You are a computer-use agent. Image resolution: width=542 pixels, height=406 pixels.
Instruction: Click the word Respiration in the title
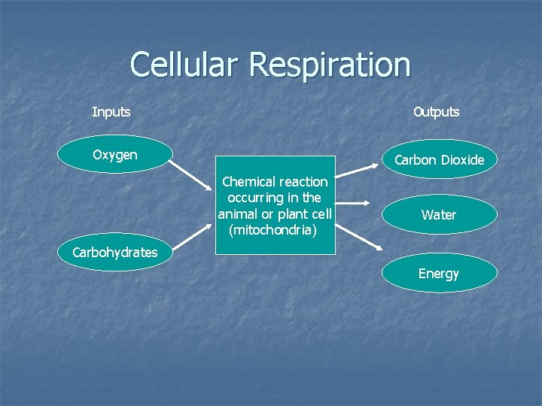click(x=330, y=66)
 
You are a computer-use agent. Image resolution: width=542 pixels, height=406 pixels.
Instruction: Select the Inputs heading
click(x=111, y=112)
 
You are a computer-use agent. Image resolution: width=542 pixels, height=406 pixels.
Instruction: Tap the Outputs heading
click(x=436, y=112)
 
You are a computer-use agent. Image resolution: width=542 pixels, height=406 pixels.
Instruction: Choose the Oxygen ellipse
click(x=115, y=155)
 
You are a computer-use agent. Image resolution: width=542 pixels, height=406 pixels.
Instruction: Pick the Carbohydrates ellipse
click(x=115, y=253)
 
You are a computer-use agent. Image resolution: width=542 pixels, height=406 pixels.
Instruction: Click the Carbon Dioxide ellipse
click(x=439, y=160)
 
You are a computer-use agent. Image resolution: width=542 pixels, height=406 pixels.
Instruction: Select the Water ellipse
click(x=439, y=215)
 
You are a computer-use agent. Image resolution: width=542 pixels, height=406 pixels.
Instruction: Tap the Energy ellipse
click(x=439, y=273)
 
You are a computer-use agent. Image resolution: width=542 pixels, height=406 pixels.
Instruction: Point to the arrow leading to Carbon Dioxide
click(x=357, y=167)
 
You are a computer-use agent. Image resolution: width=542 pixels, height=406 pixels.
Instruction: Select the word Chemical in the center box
click(x=248, y=182)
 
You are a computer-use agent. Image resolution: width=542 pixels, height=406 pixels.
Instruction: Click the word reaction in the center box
click(x=303, y=182)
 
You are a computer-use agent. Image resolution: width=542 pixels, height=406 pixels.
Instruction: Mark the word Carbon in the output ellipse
click(x=415, y=160)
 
